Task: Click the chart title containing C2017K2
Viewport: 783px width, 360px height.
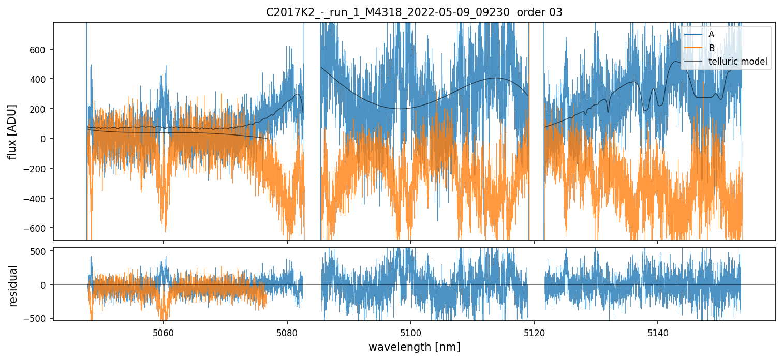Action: click(414, 12)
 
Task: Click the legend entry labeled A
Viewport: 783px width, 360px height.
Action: click(711, 34)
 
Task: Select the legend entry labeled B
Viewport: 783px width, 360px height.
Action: click(711, 48)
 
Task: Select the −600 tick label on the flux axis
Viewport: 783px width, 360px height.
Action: click(38, 228)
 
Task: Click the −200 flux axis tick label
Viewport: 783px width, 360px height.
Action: click(38, 169)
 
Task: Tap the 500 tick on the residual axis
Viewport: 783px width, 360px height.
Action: click(41, 251)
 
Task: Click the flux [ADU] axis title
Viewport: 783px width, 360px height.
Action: click(12, 131)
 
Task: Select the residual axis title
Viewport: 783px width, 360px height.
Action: click(13, 286)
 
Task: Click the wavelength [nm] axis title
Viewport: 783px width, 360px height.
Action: click(414, 347)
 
